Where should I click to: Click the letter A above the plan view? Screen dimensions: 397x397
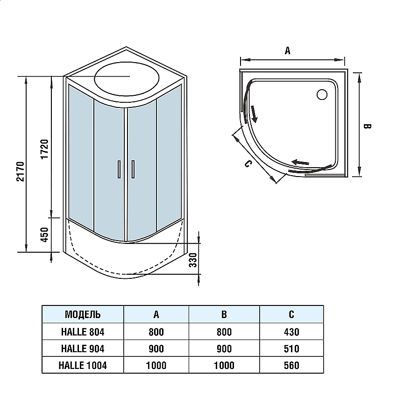click(x=288, y=51)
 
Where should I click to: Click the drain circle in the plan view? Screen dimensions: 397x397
click(x=322, y=95)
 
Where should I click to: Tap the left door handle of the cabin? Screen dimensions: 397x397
click(x=119, y=169)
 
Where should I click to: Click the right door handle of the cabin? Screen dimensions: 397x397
click(x=134, y=169)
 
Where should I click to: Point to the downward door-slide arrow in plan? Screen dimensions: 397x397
click(x=254, y=113)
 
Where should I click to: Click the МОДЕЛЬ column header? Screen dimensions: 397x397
click(x=83, y=314)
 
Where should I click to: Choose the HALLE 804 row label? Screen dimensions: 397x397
click(x=83, y=332)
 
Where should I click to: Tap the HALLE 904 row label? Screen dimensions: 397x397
click(x=83, y=348)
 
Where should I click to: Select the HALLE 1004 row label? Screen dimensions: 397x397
click(x=83, y=365)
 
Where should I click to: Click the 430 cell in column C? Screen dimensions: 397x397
click(x=291, y=332)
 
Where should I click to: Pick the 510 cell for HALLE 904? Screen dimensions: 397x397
click(x=291, y=348)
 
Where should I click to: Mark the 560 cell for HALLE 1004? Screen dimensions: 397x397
click(x=291, y=365)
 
